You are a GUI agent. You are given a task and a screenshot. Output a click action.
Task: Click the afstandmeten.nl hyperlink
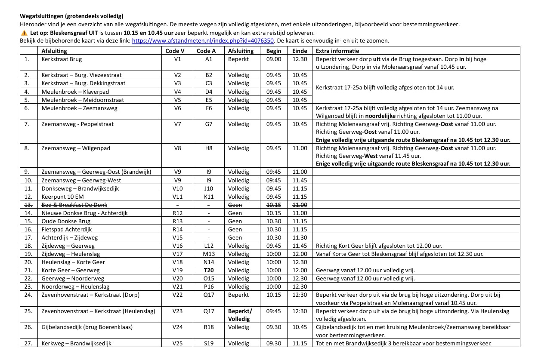click(x=203, y=41)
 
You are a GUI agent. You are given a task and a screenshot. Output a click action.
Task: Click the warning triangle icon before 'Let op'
click(x=24, y=33)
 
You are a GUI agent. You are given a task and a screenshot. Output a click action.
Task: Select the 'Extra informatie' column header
click(x=334, y=51)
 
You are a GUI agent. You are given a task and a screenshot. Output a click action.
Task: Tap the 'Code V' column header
click(x=175, y=51)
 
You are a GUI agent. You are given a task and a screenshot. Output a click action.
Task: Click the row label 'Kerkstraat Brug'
click(x=62, y=59)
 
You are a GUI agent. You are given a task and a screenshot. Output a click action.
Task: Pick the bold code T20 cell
click(x=209, y=271)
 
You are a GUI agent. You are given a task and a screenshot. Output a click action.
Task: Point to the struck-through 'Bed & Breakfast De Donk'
click(x=71, y=205)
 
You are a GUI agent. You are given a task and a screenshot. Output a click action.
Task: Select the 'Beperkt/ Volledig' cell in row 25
click(x=240, y=315)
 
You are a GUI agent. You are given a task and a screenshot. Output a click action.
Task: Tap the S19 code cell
click(x=209, y=344)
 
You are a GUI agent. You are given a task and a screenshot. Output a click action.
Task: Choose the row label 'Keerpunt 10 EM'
click(x=62, y=197)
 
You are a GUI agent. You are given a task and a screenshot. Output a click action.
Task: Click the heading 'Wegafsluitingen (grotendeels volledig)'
click(x=71, y=16)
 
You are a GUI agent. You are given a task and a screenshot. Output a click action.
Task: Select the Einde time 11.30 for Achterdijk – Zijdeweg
click(x=300, y=238)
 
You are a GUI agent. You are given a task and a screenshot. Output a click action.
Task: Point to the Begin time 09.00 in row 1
click(x=273, y=59)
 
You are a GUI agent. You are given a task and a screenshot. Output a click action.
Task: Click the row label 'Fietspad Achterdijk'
click(x=67, y=230)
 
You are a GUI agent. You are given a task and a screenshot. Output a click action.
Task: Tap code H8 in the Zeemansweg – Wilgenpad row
click(x=209, y=148)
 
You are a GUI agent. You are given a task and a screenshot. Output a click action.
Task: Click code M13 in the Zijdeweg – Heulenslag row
click(x=209, y=254)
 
